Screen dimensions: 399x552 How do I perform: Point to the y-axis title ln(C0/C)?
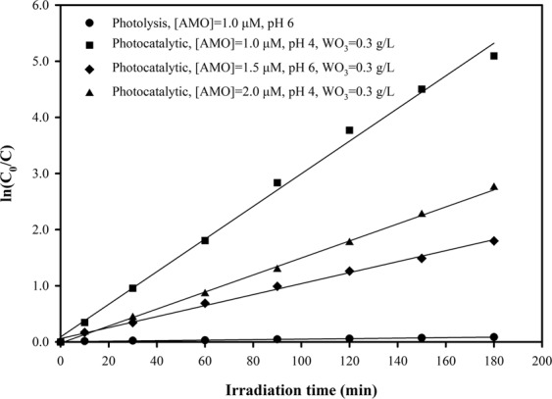point(14,175)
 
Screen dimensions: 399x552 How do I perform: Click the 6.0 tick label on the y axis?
point(40,6)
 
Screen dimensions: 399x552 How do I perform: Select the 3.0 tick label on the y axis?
point(40,174)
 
